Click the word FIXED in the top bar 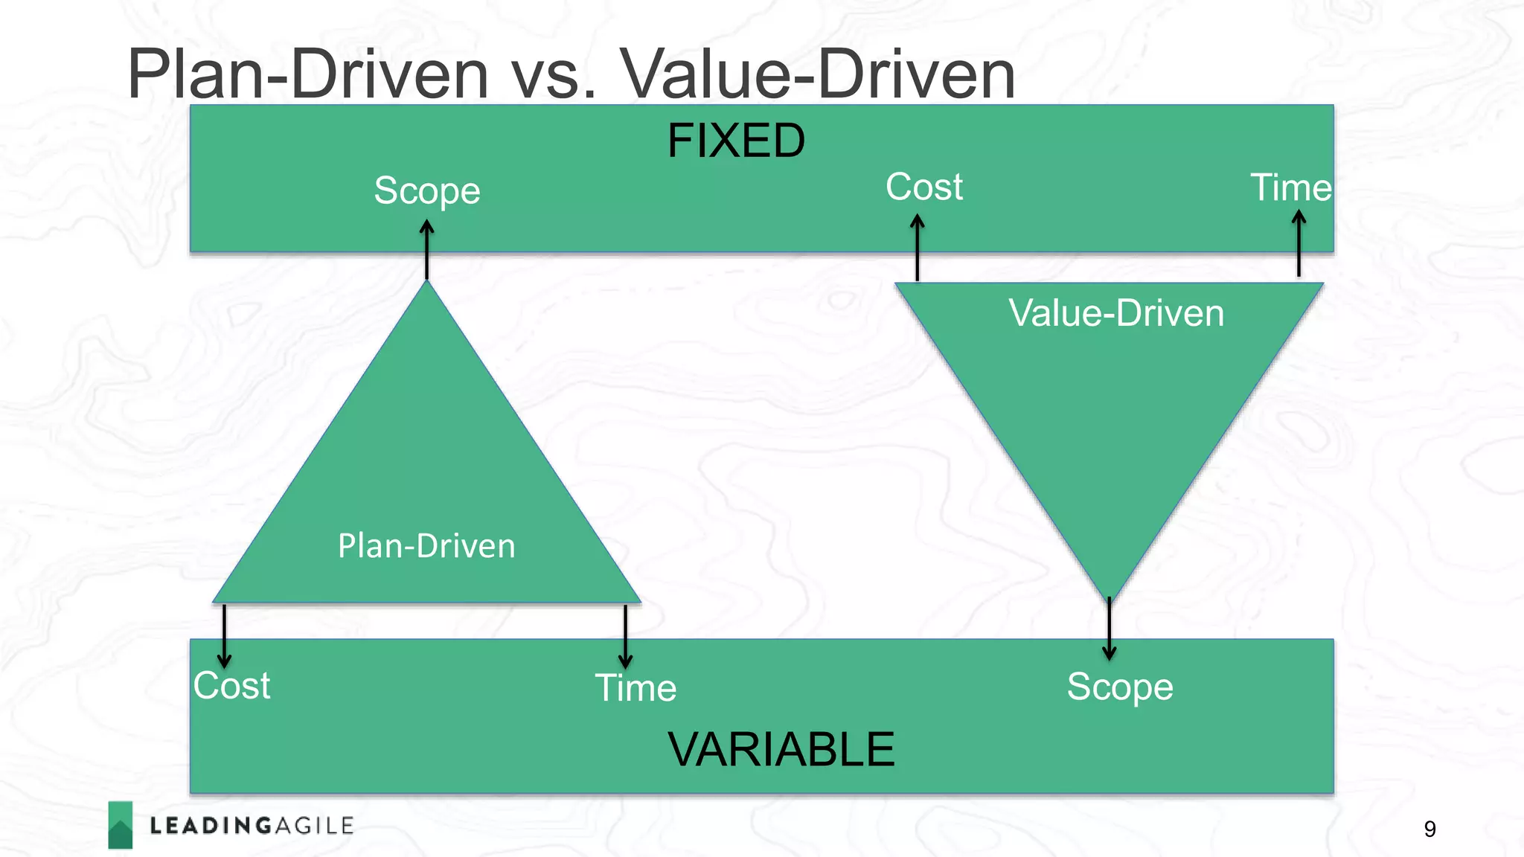[x=735, y=141]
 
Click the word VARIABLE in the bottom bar [x=781, y=749]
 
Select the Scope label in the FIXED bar [x=427, y=190]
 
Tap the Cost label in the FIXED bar [x=923, y=187]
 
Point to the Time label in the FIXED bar [x=1290, y=187]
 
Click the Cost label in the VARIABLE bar [x=231, y=685]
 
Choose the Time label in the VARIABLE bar [x=635, y=687]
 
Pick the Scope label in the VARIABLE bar [x=1119, y=687]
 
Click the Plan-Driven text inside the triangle [x=426, y=546]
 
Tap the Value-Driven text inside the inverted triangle [x=1115, y=313]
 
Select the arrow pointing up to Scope [x=426, y=249]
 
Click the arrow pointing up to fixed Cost [x=918, y=248]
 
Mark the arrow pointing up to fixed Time [x=1299, y=243]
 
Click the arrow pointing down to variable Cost [x=224, y=636]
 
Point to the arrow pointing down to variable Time [x=625, y=637]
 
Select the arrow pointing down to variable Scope [x=1109, y=629]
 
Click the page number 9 [x=1429, y=829]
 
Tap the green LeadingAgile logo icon [x=121, y=825]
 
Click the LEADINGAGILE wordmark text [x=252, y=826]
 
